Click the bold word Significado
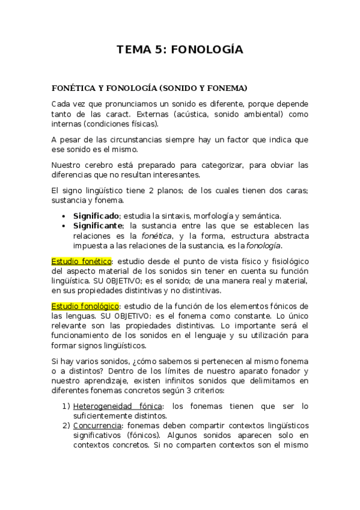(x=97, y=215)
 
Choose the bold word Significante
(x=98, y=225)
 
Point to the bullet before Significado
(x=64, y=215)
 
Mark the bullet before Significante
(x=64, y=225)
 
